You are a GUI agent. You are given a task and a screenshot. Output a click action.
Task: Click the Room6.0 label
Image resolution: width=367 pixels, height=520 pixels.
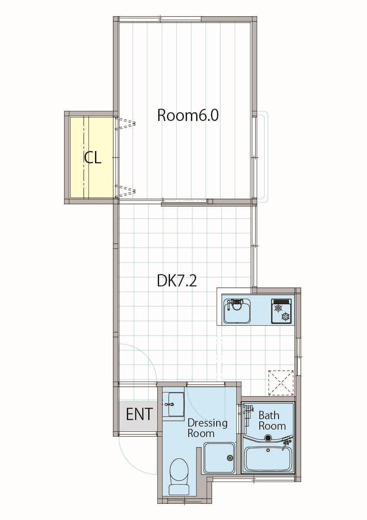187,115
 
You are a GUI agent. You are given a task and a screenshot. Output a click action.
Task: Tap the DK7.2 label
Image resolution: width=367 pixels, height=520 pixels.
177,281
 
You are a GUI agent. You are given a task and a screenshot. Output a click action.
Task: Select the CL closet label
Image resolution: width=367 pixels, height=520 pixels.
92,158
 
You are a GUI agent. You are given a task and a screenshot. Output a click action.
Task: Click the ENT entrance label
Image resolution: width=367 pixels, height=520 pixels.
139,414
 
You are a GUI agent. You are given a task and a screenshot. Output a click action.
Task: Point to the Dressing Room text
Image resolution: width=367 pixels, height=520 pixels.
207,428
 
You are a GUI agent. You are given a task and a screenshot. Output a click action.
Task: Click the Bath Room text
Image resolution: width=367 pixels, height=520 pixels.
272,420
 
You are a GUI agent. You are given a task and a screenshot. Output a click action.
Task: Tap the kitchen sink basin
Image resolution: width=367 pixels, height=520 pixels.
237,311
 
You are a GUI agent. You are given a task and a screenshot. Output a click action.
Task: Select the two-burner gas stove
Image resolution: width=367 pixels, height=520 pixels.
281,311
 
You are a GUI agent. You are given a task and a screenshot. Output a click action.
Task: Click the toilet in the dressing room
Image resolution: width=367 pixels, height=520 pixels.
178,476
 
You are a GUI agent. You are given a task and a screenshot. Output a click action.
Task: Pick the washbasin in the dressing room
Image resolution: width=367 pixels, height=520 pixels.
176,404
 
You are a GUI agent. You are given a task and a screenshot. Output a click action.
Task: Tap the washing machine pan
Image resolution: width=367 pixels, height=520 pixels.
219,458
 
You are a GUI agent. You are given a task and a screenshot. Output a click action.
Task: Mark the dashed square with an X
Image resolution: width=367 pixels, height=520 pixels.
281,383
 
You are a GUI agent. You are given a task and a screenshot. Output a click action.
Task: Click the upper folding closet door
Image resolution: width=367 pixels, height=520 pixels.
126,124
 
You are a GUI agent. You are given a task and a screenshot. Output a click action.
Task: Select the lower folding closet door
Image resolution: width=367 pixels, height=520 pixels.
126,191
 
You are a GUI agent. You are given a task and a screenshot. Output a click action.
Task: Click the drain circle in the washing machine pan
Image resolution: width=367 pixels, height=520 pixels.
230,458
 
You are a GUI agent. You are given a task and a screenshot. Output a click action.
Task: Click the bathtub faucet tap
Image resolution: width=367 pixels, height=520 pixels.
287,443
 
